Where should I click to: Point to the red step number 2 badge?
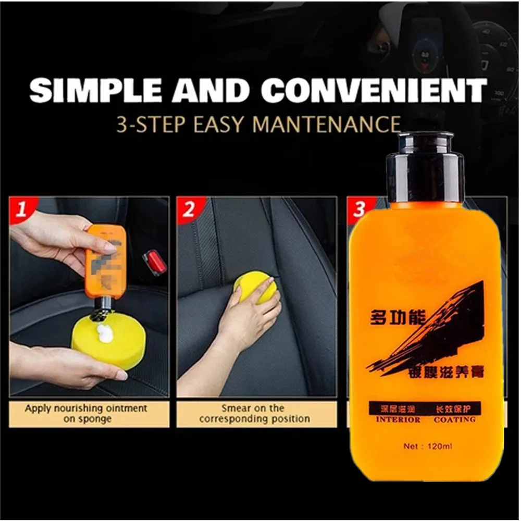tap(188, 209)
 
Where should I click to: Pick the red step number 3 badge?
tap(358, 209)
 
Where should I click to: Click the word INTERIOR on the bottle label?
tap(398, 419)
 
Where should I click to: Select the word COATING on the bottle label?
tap(454, 419)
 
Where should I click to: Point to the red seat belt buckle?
tap(155, 262)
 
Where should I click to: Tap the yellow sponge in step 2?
tap(254, 288)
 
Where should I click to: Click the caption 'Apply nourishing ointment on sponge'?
tap(86, 414)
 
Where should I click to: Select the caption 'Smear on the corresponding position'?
tap(254, 414)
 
